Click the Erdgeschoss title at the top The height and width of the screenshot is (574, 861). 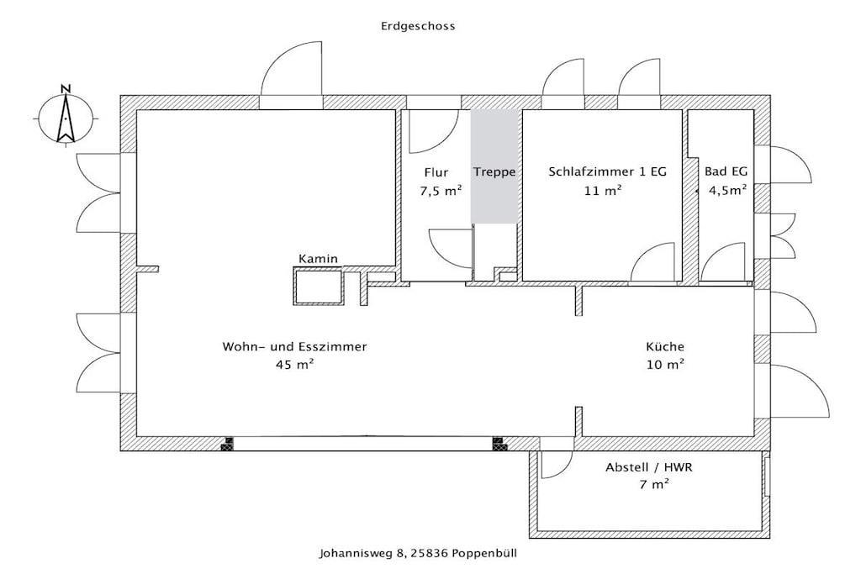point(418,26)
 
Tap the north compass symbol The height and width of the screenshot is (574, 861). point(66,116)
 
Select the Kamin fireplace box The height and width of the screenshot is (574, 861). point(319,286)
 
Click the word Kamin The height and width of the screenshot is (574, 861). point(318,259)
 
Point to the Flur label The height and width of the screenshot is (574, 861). point(436,172)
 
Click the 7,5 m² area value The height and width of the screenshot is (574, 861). point(441,191)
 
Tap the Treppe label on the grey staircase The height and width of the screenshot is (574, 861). point(494,172)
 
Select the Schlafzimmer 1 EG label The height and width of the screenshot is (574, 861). point(607,171)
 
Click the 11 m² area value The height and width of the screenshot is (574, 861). point(604,191)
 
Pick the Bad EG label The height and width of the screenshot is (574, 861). point(726,171)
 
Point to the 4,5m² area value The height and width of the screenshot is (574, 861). point(727,191)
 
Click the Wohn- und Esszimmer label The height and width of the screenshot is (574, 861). point(294,347)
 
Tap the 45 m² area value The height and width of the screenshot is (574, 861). point(295,365)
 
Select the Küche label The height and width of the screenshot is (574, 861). point(665,346)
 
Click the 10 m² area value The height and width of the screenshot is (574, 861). point(666,365)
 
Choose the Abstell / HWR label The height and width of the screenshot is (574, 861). point(649,467)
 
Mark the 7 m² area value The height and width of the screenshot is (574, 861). point(653,485)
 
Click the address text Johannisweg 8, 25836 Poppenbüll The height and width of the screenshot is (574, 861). point(418,553)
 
